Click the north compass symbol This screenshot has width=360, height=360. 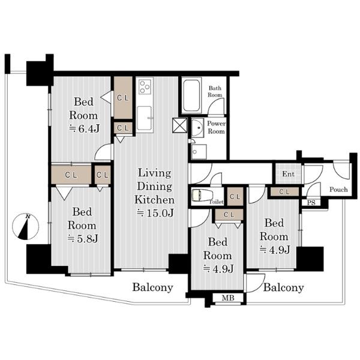(x=25, y=227)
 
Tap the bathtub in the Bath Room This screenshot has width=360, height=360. (x=191, y=95)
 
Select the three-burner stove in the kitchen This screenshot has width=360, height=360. (x=145, y=86)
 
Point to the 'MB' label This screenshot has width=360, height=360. (x=228, y=298)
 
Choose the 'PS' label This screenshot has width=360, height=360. (x=311, y=203)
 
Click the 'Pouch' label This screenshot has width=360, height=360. (x=338, y=190)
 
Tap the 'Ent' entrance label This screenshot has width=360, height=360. (x=289, y=174)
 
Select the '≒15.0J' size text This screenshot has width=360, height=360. (x=155, y=213)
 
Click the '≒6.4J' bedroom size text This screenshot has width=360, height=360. (x=84, y=129)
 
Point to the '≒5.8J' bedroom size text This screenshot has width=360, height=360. (x=83, y=239)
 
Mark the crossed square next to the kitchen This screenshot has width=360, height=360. (x=180, y=125)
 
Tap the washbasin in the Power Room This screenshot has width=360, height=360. (x=197, y=128)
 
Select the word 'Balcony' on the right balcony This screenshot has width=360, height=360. (x=284, y=287)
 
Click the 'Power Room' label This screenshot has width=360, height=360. (x=216, y=127)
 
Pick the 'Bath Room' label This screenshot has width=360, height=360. (x=215, y=91)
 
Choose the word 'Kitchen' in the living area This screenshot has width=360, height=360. (x=155, y=200)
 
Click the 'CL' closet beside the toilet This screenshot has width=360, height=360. (x=235, y=197)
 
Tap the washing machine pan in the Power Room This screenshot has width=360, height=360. (x=199, y=152)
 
